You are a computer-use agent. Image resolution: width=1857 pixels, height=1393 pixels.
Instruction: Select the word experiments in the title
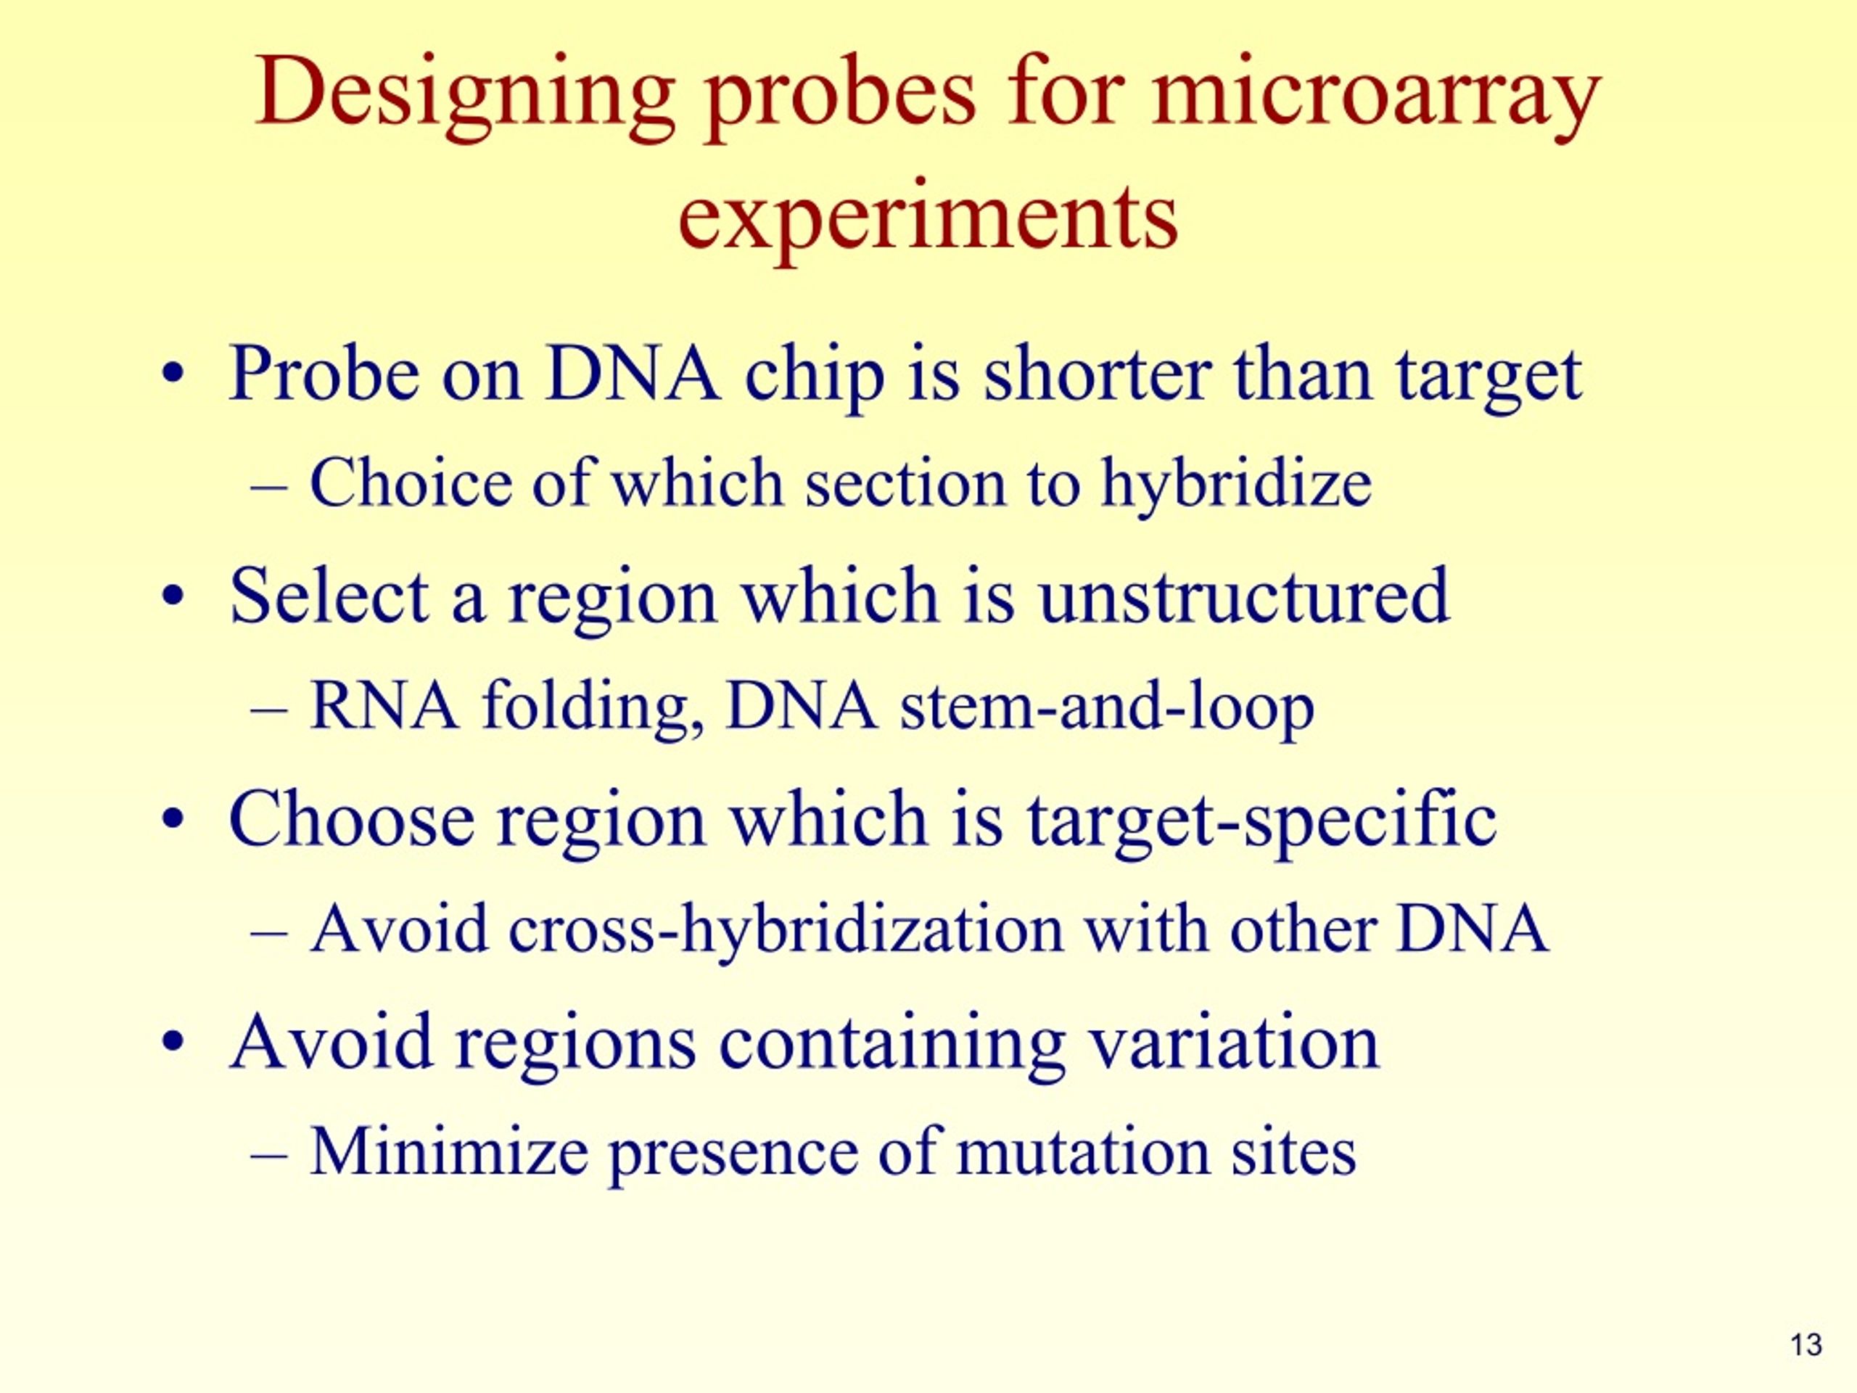click(928, 218)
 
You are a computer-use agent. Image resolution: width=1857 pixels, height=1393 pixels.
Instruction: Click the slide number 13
click(1805, 1345)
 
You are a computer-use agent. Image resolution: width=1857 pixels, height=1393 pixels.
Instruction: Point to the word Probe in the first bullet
click(324, 373)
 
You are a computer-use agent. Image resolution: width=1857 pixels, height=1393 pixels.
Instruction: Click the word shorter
click(1096, 373)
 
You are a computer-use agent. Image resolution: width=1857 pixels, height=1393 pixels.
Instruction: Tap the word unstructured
click(1243, 596)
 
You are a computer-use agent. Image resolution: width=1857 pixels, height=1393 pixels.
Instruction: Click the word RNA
click(384, 706)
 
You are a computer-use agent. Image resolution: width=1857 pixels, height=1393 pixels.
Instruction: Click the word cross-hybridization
click(786, 929)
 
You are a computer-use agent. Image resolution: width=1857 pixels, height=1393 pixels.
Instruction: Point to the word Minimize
click(448, 1151)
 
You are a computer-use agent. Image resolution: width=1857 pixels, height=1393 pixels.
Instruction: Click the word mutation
click(1082, 1151)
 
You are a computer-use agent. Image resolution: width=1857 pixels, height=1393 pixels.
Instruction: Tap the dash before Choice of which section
click(270, 486)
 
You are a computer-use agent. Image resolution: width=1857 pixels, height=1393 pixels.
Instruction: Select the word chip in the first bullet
click(815, 374)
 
